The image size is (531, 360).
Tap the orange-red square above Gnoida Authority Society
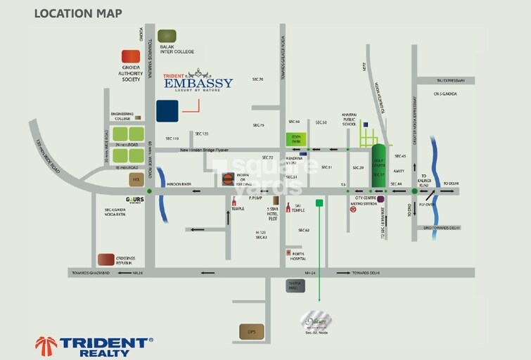click(x=130, y=56)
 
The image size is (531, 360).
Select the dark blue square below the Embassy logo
click(x=167, y=111)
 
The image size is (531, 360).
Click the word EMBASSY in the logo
click(x=198, y=84)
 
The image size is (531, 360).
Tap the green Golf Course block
click(x=378, y=166)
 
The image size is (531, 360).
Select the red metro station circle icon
click(x=353, y=209)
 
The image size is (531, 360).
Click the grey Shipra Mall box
click(x=295, y=285)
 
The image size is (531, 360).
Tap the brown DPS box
click(x=251, y=330)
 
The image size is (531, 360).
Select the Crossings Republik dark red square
click(x=106, y=259)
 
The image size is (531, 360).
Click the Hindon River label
click(x=181, y=184)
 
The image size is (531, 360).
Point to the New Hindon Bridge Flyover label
click(x=210, y=150)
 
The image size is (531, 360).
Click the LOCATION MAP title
click(x=77, y=13)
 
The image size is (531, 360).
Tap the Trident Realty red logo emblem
click(x=46, y=346)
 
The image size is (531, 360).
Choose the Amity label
click(x=399, y=172)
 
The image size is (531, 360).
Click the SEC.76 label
click(x=257, y=79)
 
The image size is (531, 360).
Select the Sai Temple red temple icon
click(x=288, y=208)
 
